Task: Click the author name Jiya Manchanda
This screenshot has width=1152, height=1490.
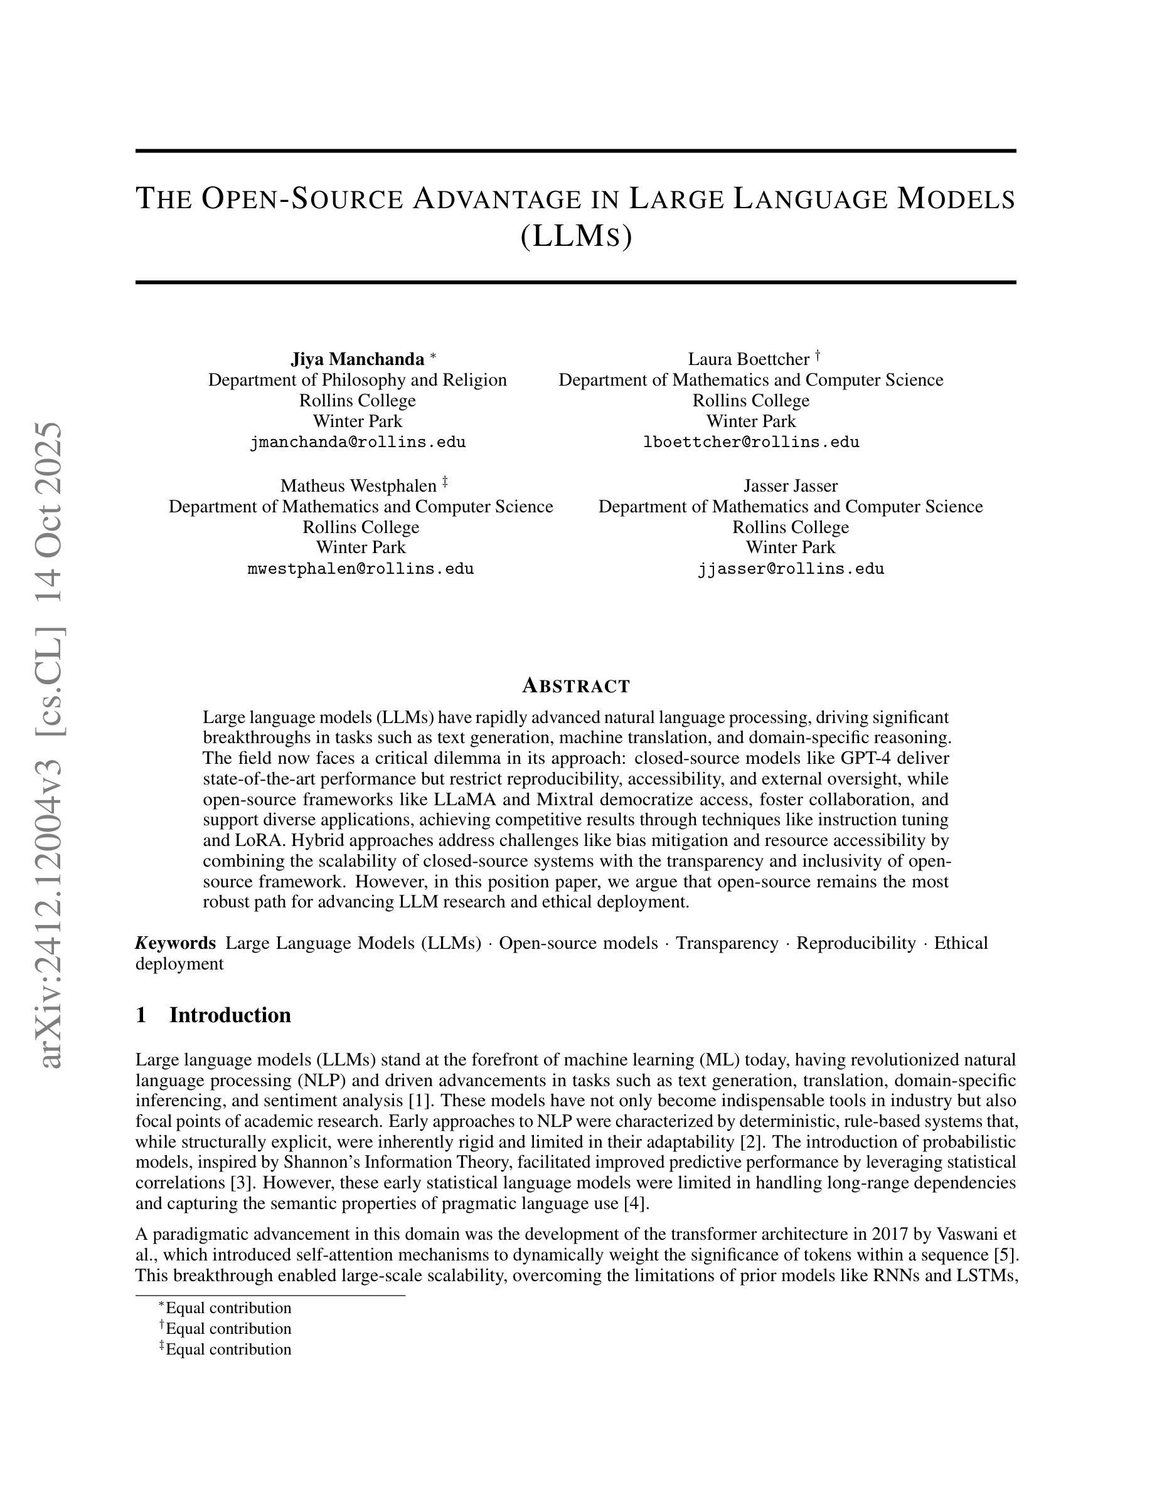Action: click(357, 359)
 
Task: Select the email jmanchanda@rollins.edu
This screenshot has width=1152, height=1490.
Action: click(357, 442)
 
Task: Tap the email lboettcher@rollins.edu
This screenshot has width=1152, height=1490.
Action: click(750, 442)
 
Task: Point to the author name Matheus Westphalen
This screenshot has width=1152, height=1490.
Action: click(358, 486)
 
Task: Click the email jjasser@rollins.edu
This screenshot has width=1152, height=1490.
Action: click(791, 569)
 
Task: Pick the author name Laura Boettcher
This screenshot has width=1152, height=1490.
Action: click(748, 359)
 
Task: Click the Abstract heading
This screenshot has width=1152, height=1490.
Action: click(576, 685)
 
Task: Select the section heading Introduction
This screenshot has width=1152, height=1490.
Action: click(230, 1015)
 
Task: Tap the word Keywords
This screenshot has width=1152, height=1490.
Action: click(176, 943)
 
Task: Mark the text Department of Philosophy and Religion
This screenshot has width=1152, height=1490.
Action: click(357, 380)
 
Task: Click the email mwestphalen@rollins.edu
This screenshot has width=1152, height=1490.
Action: click(360, 569)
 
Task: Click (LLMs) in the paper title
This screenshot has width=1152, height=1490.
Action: click(576, 236)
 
